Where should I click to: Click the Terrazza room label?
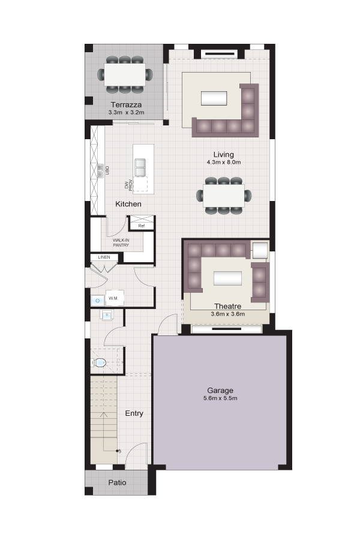click(126, 104)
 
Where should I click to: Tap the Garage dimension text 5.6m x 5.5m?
click(220, 398)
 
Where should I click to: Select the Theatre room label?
click(227, 306)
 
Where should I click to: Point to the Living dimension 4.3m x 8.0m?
click(224, 162)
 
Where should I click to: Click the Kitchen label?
click(128, 204)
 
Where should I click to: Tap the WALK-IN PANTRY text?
click(121, 242)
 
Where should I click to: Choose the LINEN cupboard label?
click(104, 257)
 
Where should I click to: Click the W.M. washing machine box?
click(113, 298)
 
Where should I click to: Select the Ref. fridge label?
click(142, 226)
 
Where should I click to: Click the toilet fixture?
click(98, 362)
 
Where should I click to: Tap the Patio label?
click(117, 482)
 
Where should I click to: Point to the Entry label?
click(134, 413)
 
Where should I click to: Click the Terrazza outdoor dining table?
click(125, 75)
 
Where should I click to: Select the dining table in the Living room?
click(224, 196)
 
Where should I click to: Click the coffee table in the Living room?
click(214, 98)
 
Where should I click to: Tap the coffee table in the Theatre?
click(228, 278)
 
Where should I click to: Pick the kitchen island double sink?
click(140, 167)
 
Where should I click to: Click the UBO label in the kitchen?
click(107, 170)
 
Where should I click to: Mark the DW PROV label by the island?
click(128, 185)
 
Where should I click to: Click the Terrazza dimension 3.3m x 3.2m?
click(126, 113)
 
